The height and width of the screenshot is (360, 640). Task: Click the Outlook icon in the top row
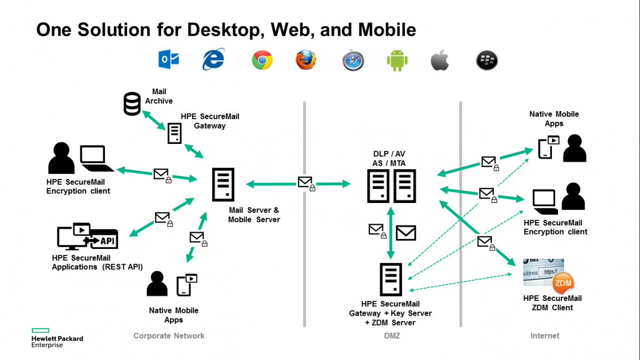pos(168,60)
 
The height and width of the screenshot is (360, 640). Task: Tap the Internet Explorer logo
pos(213,59)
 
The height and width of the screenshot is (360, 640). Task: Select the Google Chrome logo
pos(262,60)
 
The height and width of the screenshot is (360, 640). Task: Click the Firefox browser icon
pos(306,60)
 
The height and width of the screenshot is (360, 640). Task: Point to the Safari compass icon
pos(353,60)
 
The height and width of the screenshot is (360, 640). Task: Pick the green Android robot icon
pos(397,60)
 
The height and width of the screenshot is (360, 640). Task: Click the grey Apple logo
pos(440,60)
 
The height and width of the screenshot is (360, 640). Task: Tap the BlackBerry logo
pos(487,60)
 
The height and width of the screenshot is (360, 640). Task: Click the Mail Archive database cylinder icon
pos(132,103)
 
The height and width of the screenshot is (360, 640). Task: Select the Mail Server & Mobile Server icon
pos(223,184)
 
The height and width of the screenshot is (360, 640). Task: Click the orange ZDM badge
pos(563,283)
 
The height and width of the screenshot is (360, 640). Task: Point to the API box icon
pos(104,240)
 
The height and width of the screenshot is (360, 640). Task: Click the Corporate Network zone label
pos(169,336)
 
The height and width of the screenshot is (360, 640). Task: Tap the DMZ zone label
pos(392,336)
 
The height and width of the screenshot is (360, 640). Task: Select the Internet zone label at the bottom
pos(545,336)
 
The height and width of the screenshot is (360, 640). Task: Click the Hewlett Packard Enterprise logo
pos(57,338)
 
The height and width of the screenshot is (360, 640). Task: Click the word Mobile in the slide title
pos(387,30)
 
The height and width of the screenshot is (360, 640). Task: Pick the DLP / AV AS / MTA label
pos(389,158)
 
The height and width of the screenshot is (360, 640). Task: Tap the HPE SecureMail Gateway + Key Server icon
pos(391,280)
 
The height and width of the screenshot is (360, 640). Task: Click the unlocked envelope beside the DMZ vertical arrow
pos(406,233)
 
